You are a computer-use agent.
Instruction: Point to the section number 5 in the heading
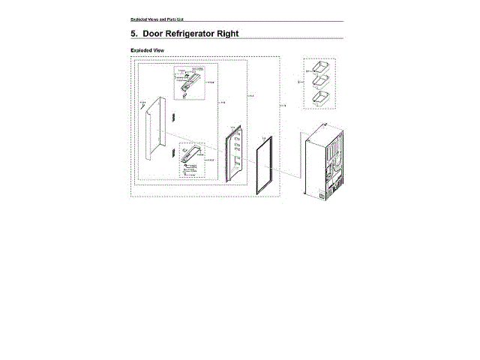134,34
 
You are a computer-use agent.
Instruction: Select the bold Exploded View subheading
147,50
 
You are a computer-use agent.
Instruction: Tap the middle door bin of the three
322,81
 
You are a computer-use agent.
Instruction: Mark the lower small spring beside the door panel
172,153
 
